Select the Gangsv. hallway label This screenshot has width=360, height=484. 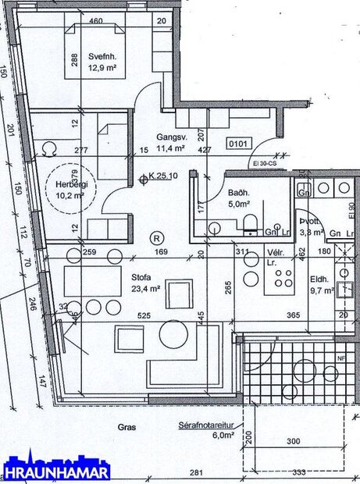click(169, 136)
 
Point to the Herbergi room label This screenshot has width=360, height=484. click(70, 184)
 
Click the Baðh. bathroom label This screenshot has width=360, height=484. click(238, 192)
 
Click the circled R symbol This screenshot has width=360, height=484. click(157, 237)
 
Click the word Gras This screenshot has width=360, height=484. click(127, 427)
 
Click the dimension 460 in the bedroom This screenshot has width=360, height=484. click(96, 21)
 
